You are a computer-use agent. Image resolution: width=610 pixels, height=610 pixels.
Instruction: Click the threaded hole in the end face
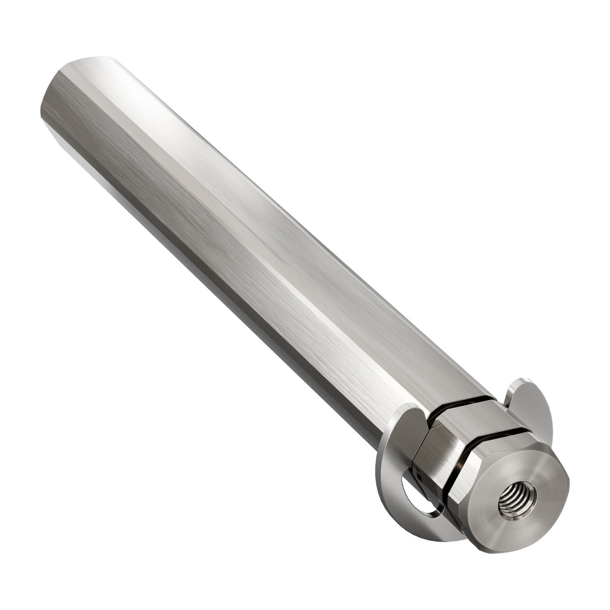coord(510,502)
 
